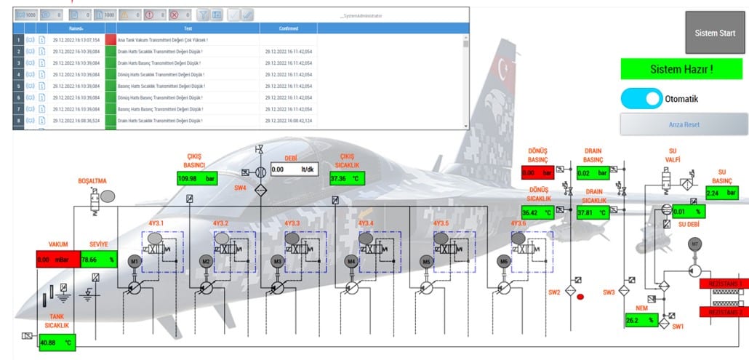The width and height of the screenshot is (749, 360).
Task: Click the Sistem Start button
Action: tap(715, 33)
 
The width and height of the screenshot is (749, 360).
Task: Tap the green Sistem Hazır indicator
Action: tap(681, 69)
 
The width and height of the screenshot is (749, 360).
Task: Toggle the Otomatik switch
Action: tap(641, 98)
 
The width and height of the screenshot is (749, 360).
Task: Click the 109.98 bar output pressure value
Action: tap(198, 178)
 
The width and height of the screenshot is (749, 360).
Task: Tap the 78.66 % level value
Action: tap(98, 259)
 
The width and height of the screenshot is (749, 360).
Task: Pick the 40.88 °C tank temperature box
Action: tap(57, 342)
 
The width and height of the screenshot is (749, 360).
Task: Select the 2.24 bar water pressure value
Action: tap(722, 193)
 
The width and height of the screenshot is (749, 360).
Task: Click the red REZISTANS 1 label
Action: tap(723, 284)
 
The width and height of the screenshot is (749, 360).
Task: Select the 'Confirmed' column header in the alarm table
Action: tap(288, 28)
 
